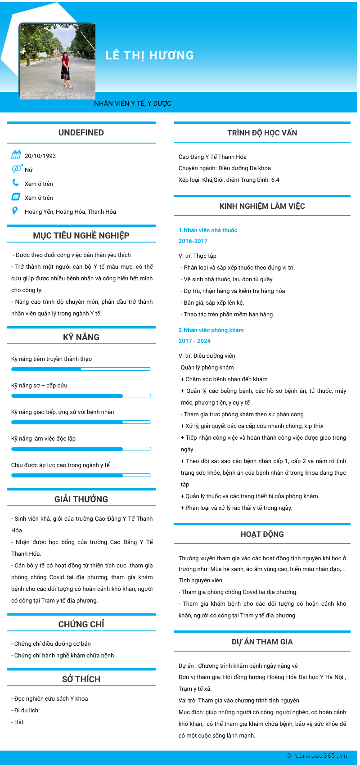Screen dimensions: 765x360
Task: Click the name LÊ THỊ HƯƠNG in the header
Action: pyautogui.click(x=149, y=55)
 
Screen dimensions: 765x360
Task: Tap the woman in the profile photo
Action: pyautogui.click(x=66, y=70)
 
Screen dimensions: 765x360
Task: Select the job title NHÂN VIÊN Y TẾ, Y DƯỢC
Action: pyautogui.click(x=132, y=103)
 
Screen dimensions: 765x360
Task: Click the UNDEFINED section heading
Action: pyautogui.click(x=81, y=133)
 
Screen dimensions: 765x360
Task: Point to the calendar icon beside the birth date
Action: pyautogui.click(x=16, y=155)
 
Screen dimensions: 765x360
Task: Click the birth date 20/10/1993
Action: pyautogui.click(x=40, y=156)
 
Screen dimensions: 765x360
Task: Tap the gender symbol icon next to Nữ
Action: pyautogui.click(x=17, y=169)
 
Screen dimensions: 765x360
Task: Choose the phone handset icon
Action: pyautogui.click(x=16, y=183)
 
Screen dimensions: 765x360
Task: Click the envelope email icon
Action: pyautogui.click(x=16, y=197)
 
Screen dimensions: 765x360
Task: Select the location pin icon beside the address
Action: pyautogui.click(x=15, y=211)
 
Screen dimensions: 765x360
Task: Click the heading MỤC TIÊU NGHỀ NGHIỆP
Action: pyautogui.click(x=81, y=235)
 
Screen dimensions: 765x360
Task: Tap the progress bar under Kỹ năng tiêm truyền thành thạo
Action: pyautogui.click(x=81, y=369)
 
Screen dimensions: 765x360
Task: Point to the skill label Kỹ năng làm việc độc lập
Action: pyautogui.click(x=43, y=439)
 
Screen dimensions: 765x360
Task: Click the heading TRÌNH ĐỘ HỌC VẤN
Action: pyautogui.click(x=262, y=133)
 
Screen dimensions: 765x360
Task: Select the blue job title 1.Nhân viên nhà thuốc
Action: pyautogui.click(x=207, y=230)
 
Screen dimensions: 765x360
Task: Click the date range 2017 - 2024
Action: pyautogui.click(x=194, y=341)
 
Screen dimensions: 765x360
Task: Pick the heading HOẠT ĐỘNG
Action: pyautogui.click(x=262, y=534)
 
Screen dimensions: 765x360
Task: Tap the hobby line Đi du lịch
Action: pyautogui.click(x=26, y=711)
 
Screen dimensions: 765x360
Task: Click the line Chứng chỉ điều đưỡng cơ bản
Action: pyautogui.click(x=52, y=644)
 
